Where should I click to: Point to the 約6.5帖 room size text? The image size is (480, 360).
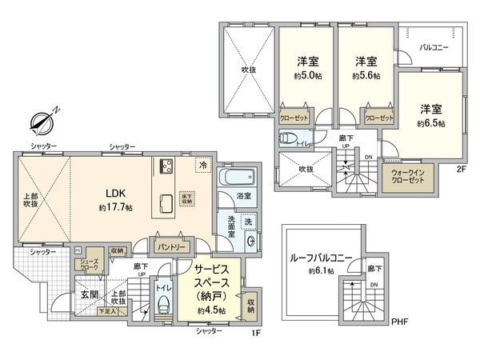[x=430, y=124]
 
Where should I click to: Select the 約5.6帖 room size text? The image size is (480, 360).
[x=366, y=76]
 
